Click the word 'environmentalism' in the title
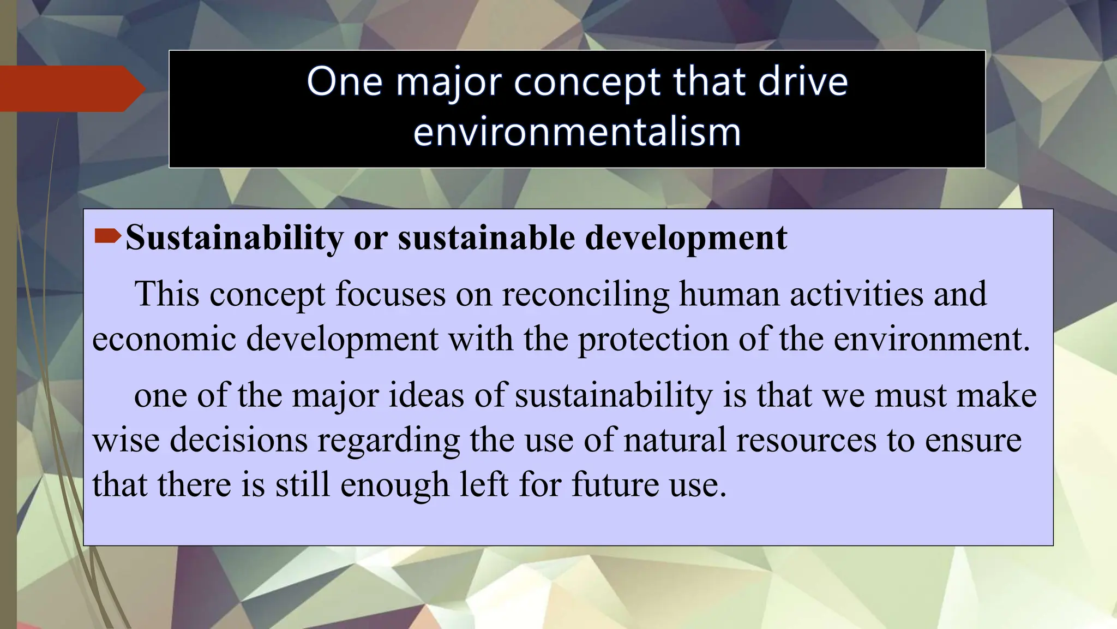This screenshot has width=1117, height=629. [x=577, y=132]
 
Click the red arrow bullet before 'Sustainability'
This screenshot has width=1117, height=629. [x=107, y=236]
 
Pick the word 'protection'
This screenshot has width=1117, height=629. [x=653, y=339]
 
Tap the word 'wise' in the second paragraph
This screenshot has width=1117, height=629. [x=126, y=440]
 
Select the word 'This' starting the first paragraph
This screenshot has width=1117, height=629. [x=167, y=294]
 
